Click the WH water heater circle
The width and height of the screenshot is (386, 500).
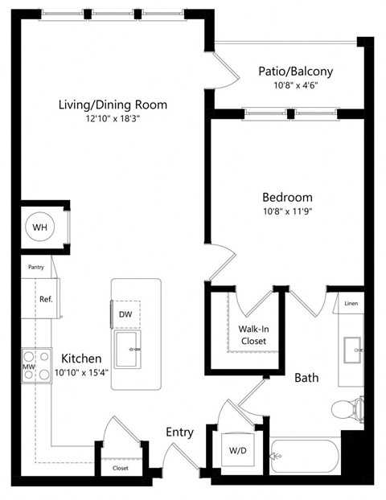[39, 227]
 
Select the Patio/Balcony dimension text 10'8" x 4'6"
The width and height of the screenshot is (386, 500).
[295, 86]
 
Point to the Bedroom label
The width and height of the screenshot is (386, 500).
[287, 197]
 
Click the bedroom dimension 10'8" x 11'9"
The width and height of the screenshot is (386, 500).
[287, 212]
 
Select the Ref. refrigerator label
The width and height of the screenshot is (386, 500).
[46, 299]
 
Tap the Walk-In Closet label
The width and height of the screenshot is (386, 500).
[253, 334]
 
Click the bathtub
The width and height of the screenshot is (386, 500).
[306, 461]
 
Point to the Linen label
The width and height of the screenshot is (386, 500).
[351, 303]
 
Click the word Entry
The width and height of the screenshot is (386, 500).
[179, 432]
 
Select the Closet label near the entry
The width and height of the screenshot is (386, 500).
[120, 468]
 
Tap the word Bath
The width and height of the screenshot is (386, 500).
[306, 377]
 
